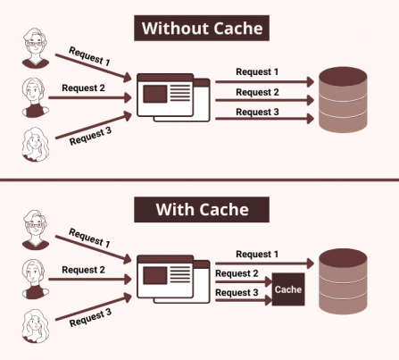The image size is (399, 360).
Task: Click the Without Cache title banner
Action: [202, 28]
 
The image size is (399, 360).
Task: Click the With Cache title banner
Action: [202, 209]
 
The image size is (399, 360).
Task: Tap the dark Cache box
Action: [288, 289]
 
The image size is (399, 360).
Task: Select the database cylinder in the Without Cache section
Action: [343, 99]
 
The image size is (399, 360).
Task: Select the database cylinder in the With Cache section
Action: [343, 281]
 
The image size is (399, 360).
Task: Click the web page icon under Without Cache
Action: [173, 97]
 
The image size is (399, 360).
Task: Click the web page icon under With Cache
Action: [173, 280]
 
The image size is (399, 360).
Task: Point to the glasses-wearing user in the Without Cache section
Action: [36, 48]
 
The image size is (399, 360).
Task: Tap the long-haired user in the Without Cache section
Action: [36, 145]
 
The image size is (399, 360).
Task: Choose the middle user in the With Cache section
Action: [36, 280]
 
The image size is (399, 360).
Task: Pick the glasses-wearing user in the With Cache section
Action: [36, 230]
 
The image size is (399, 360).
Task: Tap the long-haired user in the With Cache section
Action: [36, 326]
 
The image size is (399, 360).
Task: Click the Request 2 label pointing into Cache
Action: [237, 273]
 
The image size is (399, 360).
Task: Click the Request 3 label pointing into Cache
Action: [237, 292]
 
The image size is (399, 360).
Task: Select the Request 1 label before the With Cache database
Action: [257, 254]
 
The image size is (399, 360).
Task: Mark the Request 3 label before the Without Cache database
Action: [257, 112]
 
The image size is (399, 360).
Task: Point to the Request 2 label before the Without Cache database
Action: [257, 92]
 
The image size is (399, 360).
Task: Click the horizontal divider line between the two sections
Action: [199, 180]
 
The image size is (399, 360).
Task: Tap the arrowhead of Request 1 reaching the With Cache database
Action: [311, 264]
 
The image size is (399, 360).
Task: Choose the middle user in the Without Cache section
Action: [36, 97]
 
